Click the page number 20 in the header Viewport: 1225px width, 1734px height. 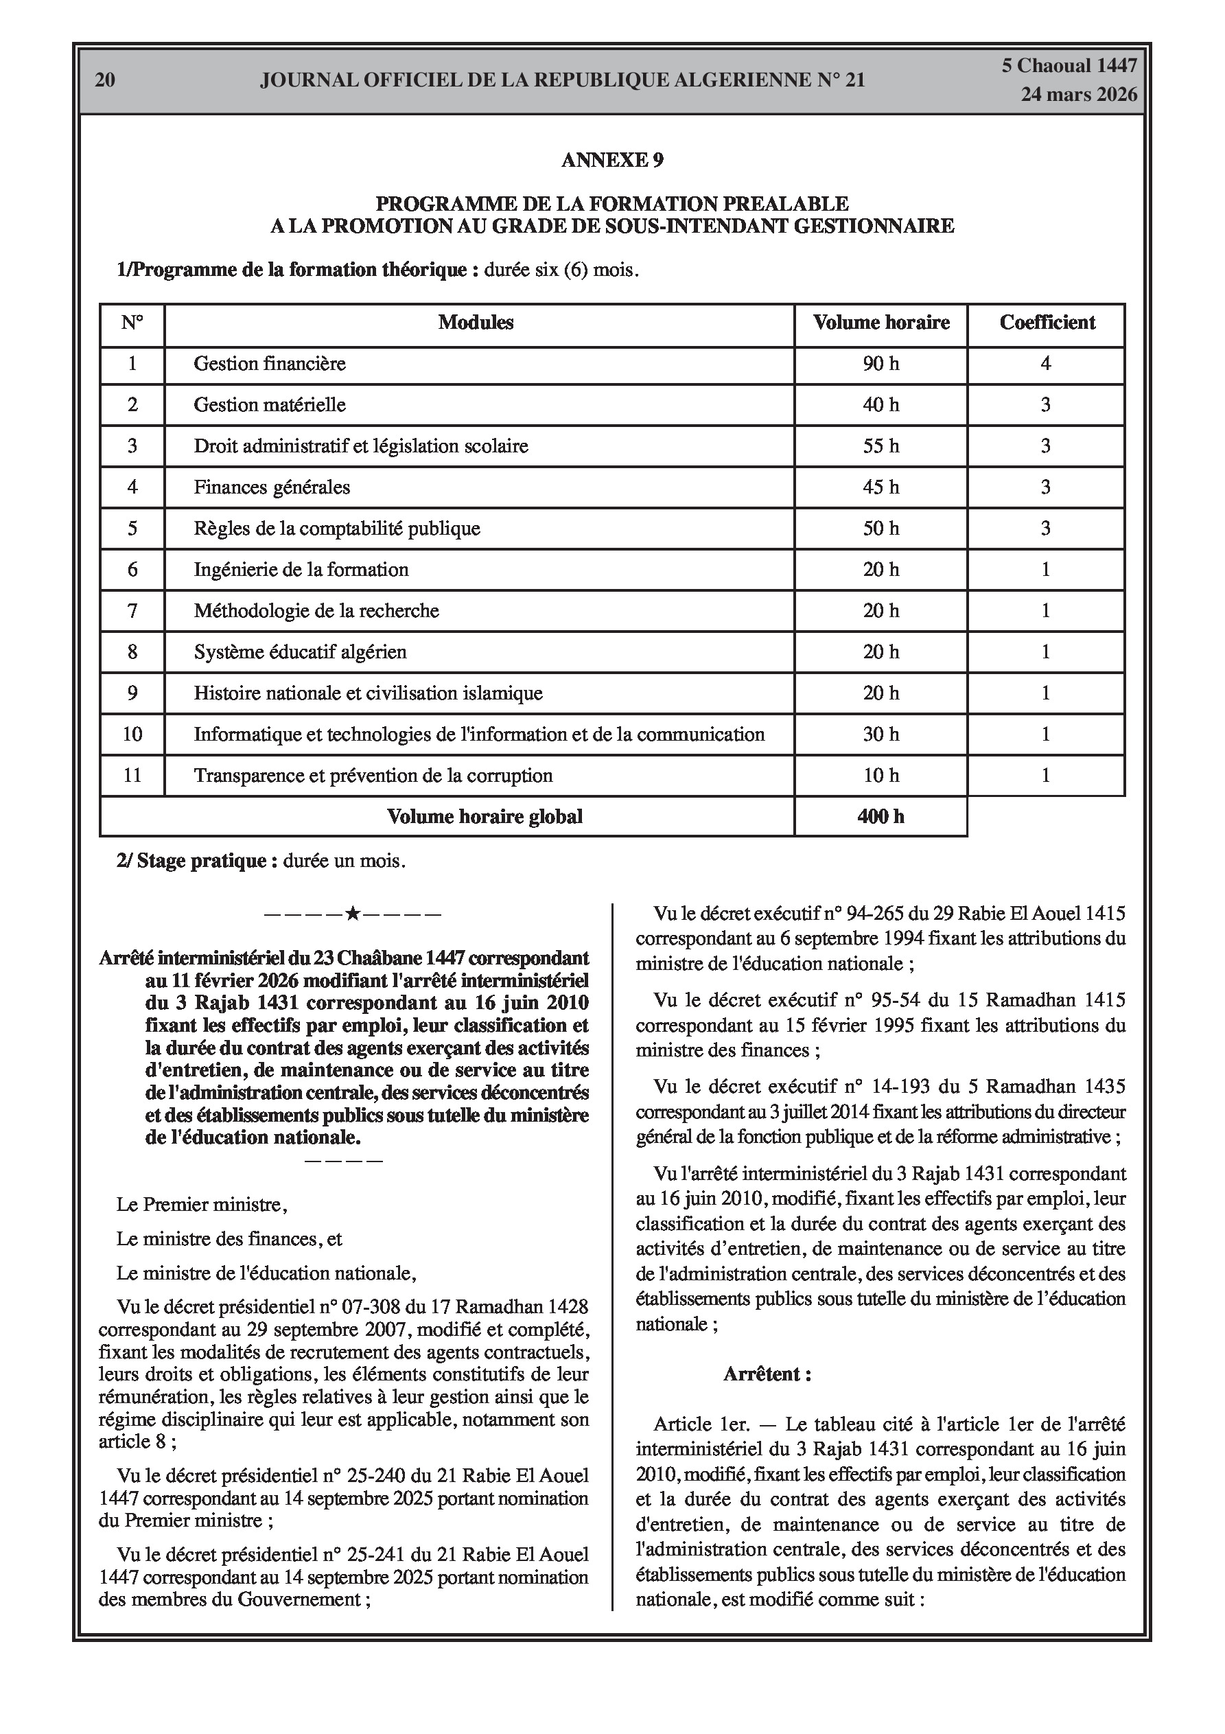105,80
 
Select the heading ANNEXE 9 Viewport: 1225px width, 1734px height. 611,160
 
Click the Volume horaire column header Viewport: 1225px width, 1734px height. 880,323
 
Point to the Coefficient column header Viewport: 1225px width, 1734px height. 1047,323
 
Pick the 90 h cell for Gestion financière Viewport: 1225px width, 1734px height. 880,364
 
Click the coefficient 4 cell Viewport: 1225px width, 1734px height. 1045,364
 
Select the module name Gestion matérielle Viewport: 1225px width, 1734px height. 270,405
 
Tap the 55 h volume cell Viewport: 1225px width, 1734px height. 880,446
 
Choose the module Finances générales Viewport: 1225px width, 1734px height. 272,487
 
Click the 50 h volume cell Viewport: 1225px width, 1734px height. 880,529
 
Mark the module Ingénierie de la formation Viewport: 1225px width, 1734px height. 301,570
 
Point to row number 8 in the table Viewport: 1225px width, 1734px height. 132,651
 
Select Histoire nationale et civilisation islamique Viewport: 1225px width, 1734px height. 368,693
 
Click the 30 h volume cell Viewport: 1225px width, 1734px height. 880,734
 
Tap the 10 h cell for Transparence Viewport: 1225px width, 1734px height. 880,776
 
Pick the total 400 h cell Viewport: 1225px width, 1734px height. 880,816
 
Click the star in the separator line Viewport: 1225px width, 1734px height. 352,914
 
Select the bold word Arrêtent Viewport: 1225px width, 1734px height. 767,1374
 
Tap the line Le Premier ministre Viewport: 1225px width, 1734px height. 202,1205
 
